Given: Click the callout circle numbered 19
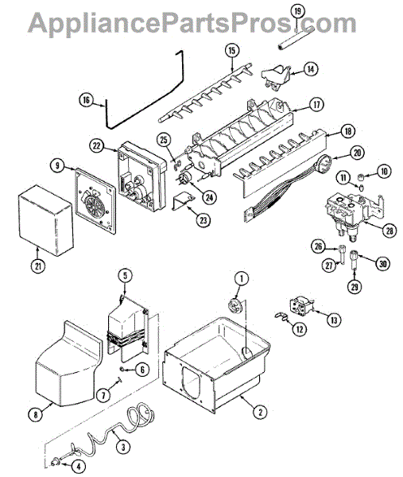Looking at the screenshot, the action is [x=297, y=11].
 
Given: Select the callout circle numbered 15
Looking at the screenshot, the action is [x=232, y=51].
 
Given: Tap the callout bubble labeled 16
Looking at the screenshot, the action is [x=87, y=100].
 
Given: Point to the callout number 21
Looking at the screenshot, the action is [x=37, y=266].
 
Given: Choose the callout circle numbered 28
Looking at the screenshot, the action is [x=389, y=231].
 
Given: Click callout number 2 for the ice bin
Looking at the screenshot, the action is [x=260, y=412].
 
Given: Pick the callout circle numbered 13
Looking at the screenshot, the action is [x=334, y=320].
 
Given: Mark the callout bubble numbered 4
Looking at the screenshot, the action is [x=79, y=466].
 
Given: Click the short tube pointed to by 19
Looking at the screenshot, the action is [x=296, y=38].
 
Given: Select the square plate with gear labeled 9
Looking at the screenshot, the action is [x=95, y=201].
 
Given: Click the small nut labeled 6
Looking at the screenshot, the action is [x=122, y=370].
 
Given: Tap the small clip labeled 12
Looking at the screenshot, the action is [x=281, y=316].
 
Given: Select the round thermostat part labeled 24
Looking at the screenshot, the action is [x=184, y=177].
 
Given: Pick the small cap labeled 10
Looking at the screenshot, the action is [x=361, y=176].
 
